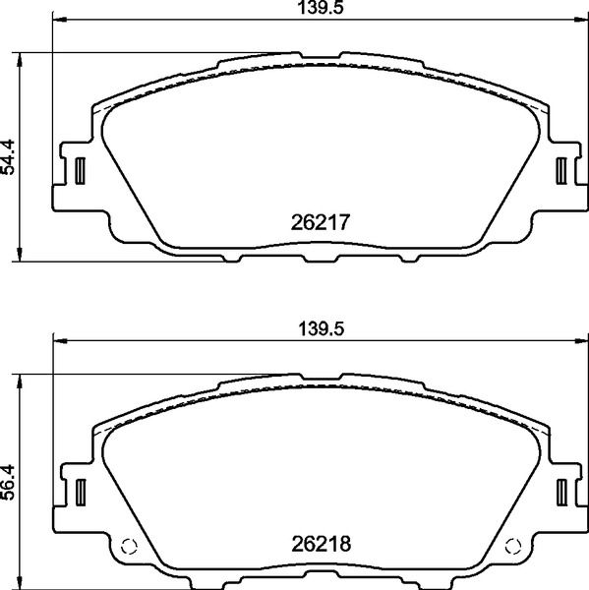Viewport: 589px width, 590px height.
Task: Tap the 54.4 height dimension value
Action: [11, 156]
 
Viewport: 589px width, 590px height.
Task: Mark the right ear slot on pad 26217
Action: [561, 170]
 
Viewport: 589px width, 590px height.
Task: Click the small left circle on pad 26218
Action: [127, 548]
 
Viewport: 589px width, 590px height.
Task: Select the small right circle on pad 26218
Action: [511, 548]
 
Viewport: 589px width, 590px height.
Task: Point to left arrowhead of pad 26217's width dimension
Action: [57, 20]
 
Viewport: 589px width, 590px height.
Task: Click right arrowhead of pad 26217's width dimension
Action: [581, 20]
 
